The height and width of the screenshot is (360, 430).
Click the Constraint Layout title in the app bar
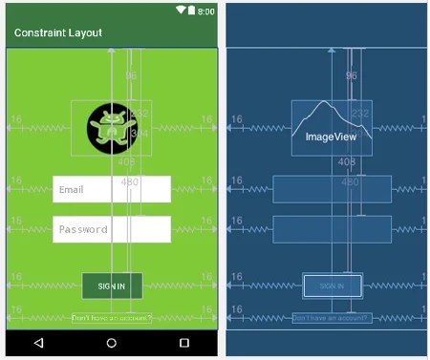[x=58, y=32]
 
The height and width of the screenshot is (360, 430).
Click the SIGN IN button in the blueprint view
[x=332, y=286]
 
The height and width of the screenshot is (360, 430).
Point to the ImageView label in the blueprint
[x=332, y=138]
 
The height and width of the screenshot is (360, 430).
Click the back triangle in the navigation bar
[x=38, y=343]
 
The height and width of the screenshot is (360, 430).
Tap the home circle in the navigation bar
[x=112, y=343]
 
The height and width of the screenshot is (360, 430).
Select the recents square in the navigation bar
[x=184, y=343]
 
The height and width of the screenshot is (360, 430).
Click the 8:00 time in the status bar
[x=205, y=11]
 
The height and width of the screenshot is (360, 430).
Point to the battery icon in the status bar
[x=191, y=11]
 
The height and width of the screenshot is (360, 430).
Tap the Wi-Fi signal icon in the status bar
[x=180, y=11]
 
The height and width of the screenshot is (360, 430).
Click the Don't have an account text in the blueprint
[x=332, y=318]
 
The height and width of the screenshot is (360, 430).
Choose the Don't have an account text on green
[x=112, y=318]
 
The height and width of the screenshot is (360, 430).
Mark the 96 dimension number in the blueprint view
[x=351, y=75]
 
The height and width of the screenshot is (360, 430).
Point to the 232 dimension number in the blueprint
[x=360, y=114]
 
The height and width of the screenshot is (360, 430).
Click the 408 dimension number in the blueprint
[x=346, y=162]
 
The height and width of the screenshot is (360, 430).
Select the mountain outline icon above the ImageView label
[x=331, y=116]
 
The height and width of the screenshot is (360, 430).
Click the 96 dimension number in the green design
[x=131, y=75]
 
